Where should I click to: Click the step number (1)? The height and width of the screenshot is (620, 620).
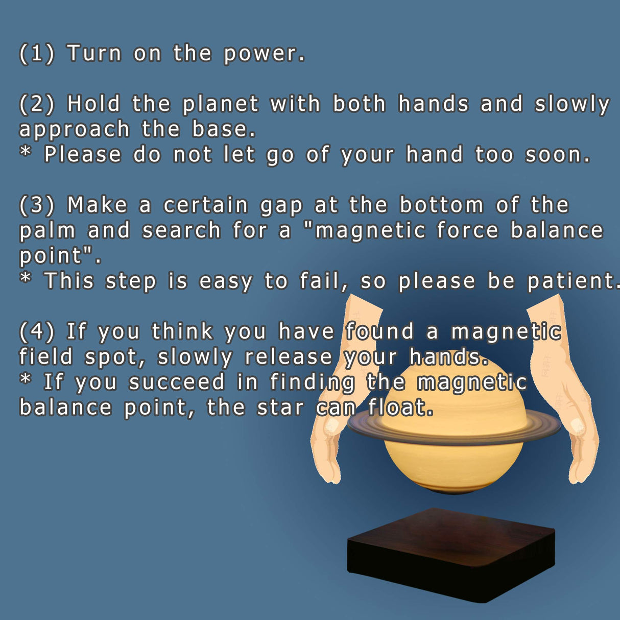point(37,54)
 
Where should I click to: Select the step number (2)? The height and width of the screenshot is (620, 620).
point(37,104)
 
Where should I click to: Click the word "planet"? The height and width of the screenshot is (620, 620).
point(221,105)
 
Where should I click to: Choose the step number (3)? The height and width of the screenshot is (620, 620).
point(37,205)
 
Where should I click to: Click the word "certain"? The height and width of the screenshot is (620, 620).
point(206,205)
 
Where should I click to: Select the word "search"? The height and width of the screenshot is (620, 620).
point(181,230)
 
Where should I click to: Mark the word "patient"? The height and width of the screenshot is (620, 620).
point(572,281)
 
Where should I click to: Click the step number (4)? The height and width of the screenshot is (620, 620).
point(37,331)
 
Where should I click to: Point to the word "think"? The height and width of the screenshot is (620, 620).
point(182,331)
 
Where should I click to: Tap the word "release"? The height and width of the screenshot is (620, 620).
point(289,356)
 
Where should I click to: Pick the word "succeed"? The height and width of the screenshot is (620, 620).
point(177,382)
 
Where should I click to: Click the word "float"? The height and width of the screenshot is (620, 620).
point(400,407)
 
